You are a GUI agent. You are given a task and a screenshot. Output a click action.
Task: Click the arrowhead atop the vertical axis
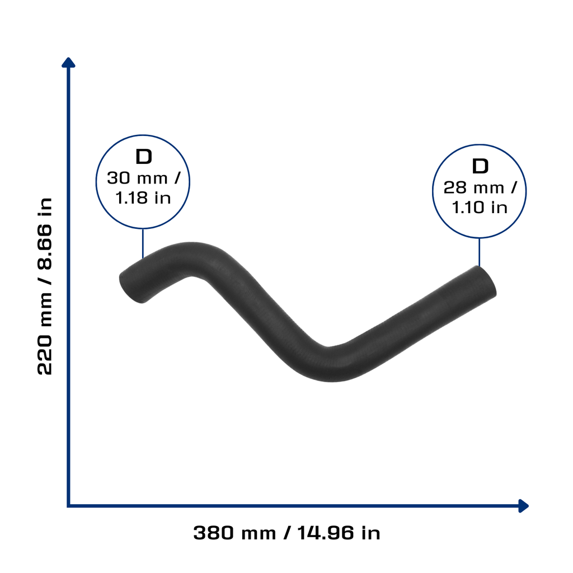pos(68,63)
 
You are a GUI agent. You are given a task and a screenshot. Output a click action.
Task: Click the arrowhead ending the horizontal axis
pos(523,506)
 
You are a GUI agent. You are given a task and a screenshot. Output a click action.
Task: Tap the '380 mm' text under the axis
pos(234,533)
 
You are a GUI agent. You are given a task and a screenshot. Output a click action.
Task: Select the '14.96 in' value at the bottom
pos(339,533)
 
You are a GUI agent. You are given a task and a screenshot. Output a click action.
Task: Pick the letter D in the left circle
pos(144,157)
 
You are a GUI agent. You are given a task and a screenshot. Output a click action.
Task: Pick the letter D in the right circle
pos(480,166)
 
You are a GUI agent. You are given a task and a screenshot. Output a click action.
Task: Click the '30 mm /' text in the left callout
pos(144,179)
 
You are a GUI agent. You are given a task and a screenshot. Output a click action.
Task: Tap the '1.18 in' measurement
pos(143,198)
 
